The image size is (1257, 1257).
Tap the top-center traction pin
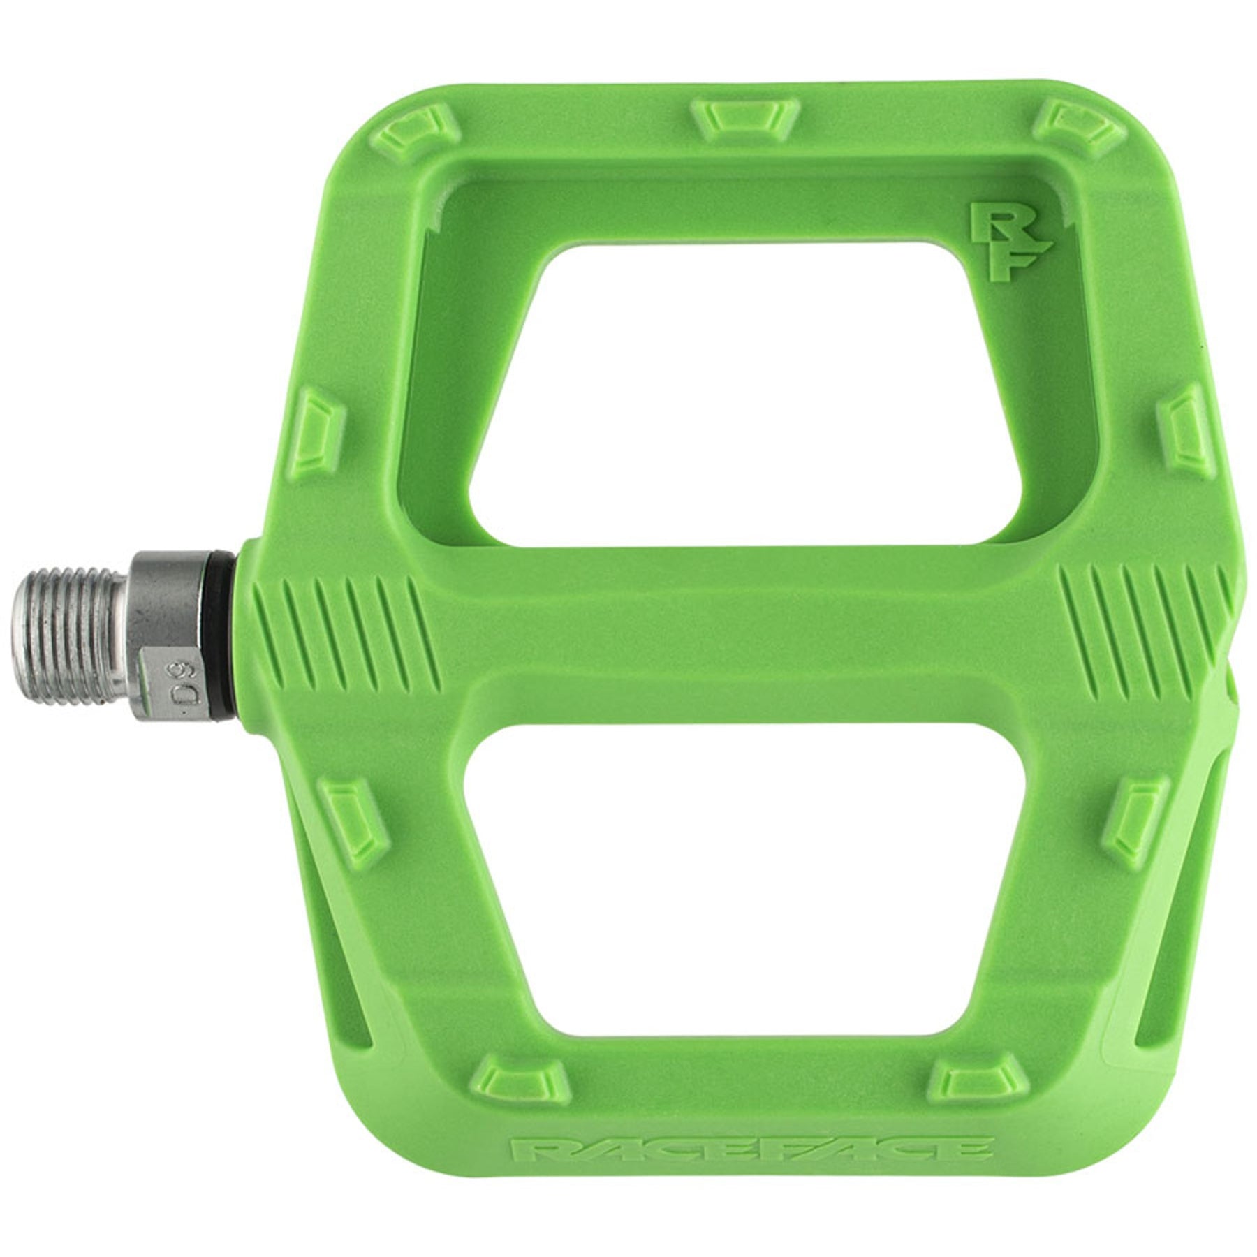[744, 115]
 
